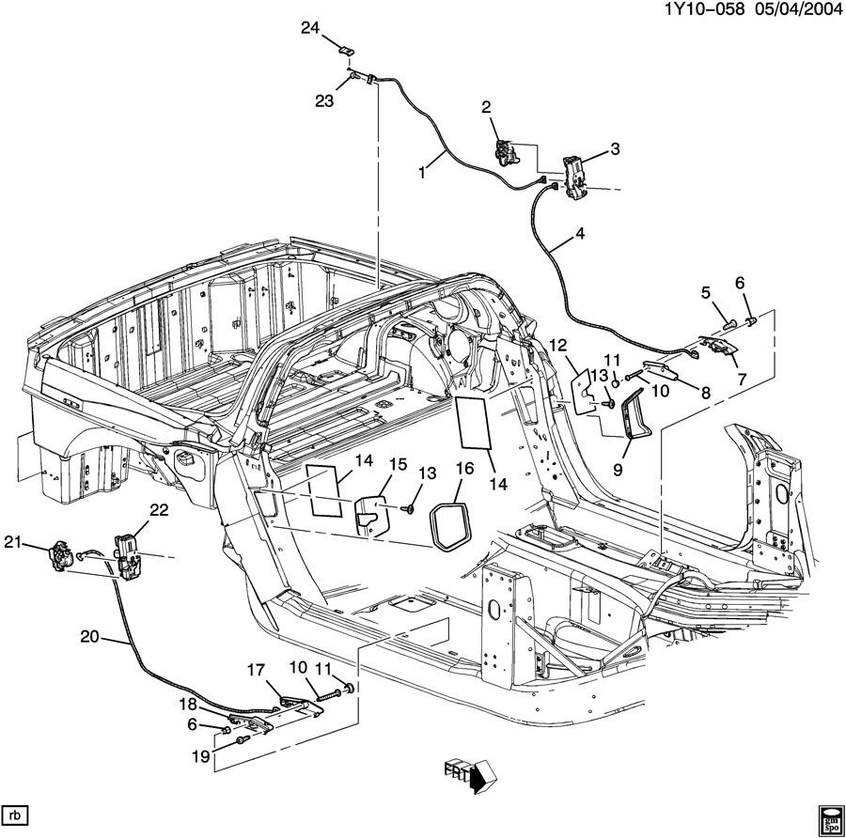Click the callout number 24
(310, 28)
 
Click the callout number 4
(580, 235)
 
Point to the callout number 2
(487, 108)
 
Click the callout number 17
(258, 670)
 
